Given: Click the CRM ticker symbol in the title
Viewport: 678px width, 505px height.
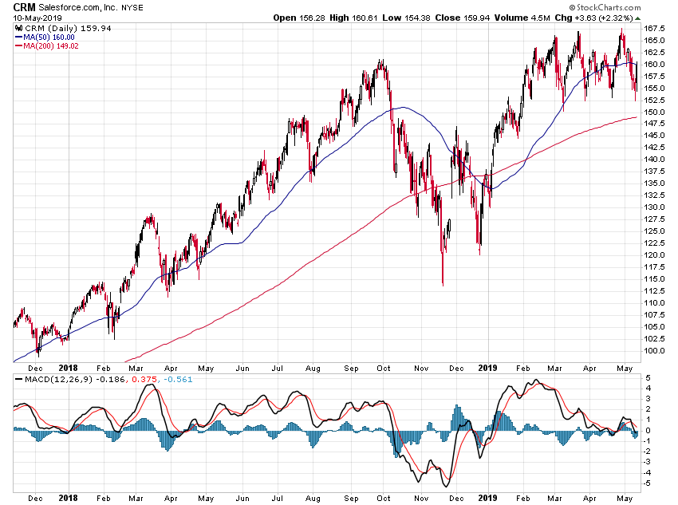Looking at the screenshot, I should (24, 7).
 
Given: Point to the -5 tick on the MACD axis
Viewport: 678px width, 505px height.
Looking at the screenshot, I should (648, 483).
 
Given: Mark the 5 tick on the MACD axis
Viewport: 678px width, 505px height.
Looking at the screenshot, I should (648, 377).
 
